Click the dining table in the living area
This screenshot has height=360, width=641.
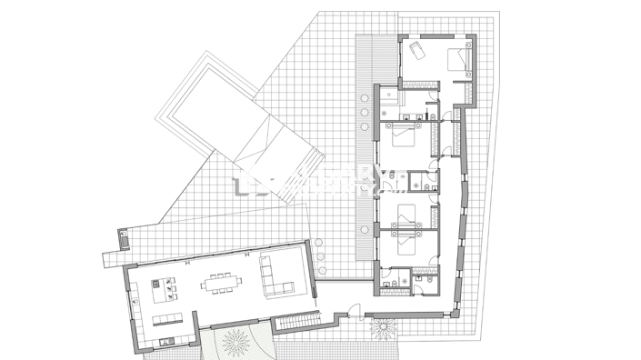coord(221,284)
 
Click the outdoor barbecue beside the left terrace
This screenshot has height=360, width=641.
coord(124,241)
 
